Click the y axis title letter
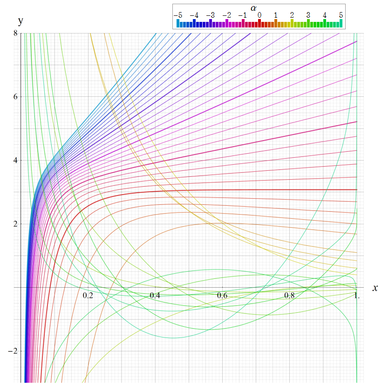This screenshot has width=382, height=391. click(20, 21)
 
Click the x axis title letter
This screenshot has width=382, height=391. click(375, 288)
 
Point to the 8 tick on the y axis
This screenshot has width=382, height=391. click(15, 34)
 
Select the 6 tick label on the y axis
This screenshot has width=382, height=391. click(15, 97)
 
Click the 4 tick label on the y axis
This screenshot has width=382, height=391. click(15, 160)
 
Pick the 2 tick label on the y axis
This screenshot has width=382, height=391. click(15, 224)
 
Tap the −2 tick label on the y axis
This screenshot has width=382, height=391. click(13, 351)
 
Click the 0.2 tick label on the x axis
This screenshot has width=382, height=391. click(88, 296)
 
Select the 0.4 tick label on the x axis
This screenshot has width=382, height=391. click(155, 296)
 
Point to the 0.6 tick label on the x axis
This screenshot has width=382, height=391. click(222, 296)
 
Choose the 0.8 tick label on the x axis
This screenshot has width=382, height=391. click(289, 296)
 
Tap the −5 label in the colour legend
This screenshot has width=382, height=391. click(178, 15)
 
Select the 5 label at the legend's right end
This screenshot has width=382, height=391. click(341, 15)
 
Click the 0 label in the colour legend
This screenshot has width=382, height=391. click(259, 15)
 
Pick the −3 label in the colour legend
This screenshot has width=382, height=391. click(211, 15)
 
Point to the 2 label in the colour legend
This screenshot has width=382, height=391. click(292, 15)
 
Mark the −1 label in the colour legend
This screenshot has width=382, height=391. click(243, 15)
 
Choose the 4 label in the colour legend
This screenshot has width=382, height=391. click(325, 15)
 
